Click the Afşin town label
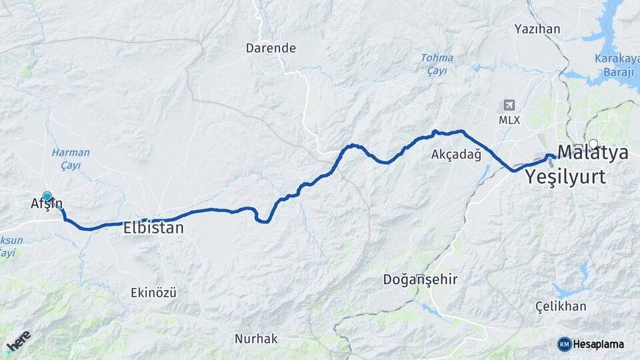tap(46, 205)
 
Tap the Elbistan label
tap(153, 227)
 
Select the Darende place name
tap(271, 48)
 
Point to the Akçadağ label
tap(456, 155)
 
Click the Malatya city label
tap(593, 153)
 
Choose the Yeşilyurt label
tap(565, 177)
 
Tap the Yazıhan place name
tap(537, 29)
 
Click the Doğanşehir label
tap(420, 279)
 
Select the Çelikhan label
tap(561, 307)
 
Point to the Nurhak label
tap(256, 339)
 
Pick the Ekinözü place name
tap(154, 292)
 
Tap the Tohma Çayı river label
tap(437, 64)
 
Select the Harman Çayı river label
tap(70, 159)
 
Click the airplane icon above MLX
tap(509, 105)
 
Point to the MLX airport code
tap(509, 120)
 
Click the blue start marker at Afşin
tap(47, 196)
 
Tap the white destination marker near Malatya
tap(593, 143)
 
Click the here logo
tap(18, 341)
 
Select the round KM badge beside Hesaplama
tap(564, 344)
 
